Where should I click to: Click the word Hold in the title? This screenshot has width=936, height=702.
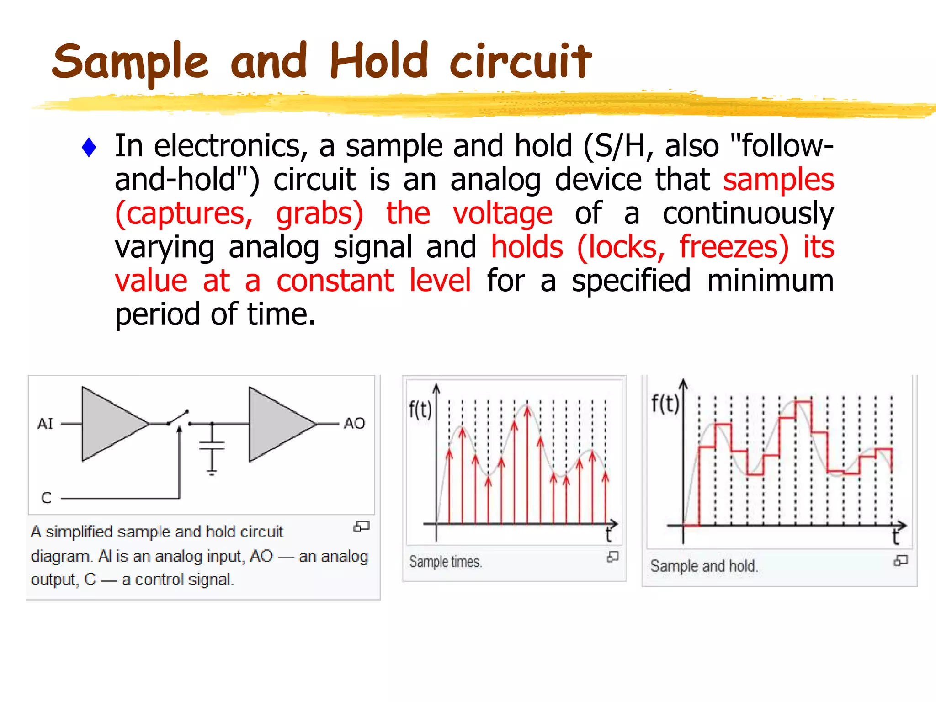(x=379, y=60)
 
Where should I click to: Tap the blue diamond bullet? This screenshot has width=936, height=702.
(x=89, y=148)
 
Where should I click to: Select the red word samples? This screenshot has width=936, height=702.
(x=778, y=180)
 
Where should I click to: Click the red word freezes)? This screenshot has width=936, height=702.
(x=734, y=247)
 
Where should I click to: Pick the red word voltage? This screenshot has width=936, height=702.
(x=502, y=213)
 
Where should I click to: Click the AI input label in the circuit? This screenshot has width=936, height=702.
(x=45, y=424)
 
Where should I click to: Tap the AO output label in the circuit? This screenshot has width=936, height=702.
(x=354, y=423)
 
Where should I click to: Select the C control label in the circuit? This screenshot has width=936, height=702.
(x=46, y=498)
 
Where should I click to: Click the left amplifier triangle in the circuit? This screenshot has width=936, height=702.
(x=110, y=424)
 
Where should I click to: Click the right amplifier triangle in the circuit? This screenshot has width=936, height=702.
(x=277, y=424)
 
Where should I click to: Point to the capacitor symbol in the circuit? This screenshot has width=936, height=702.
(x=212, y=446)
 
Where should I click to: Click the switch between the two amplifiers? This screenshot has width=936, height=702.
(x=179, y=418)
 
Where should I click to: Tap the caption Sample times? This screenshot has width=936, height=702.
(x=445, y=562)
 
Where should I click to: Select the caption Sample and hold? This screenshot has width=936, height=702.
(x=704, y=566)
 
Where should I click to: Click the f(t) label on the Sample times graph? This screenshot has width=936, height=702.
(x=420, y=409)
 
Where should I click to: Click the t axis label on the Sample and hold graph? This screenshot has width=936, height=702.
(x=896, y=537)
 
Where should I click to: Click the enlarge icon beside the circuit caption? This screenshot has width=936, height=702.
(x=361, y=526)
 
